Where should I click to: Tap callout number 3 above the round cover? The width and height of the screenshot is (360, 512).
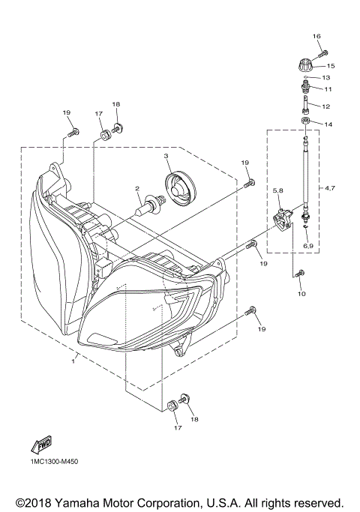coord(166,156)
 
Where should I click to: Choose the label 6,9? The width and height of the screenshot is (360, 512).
coord(307,245)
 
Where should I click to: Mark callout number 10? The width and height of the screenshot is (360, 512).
coord(301,294)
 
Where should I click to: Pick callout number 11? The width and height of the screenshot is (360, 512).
coord(327,88)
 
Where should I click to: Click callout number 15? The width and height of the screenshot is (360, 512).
coord(330,66)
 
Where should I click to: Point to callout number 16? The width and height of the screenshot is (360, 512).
coord(316,36)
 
